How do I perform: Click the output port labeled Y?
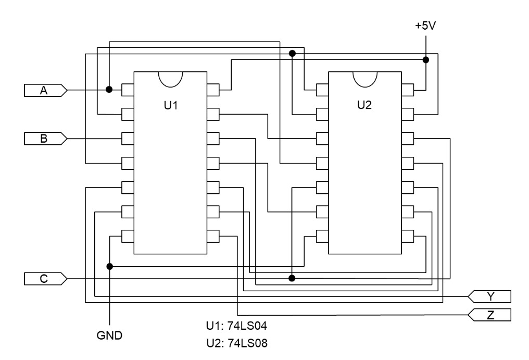point(489,296)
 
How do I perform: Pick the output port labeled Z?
point(489,315)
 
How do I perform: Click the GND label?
point(110,335)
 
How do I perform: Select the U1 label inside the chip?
point(171,105)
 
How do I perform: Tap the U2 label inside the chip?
point(364,105)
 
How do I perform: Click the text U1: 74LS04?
point(237,328)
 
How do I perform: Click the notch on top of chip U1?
point(171,79)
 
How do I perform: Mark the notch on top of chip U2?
point(364,79)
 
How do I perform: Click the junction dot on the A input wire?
point(109,90)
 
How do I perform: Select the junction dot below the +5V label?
point(425,60)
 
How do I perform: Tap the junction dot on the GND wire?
point(109,266)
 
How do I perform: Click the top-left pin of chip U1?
point(128,90)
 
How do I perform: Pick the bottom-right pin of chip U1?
point(213,235)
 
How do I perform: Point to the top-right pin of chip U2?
point(407,90)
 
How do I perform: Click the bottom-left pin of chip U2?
point(322,235)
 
